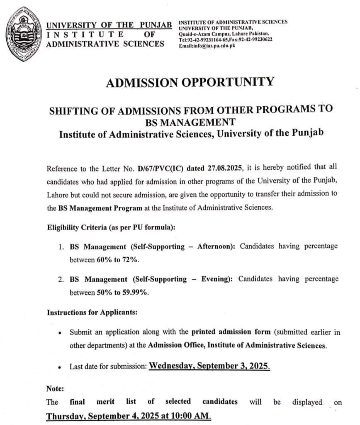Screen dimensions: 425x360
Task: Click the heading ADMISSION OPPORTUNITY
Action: pos(190,82)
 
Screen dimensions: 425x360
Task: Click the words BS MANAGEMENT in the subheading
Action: pos(190,122)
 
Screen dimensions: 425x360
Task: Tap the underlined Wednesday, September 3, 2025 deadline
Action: pos(209,366)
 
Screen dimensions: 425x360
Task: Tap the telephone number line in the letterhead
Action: pos(225,39)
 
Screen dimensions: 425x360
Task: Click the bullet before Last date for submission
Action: pos(61,367)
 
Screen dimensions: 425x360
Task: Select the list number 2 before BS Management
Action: pos(61,279)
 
